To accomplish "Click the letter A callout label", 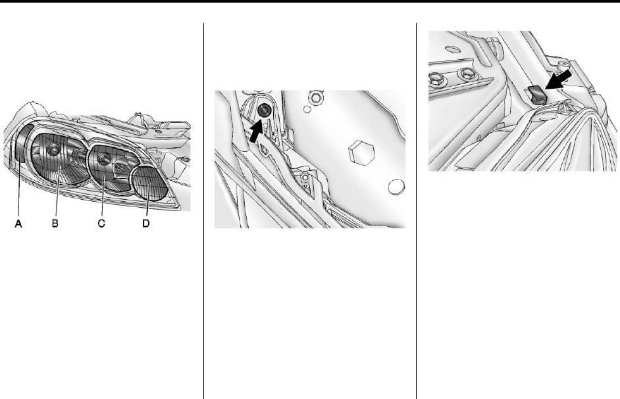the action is tap(18, 223).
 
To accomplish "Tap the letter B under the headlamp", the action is tap(55, 223).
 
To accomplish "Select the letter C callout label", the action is tap(101, 223).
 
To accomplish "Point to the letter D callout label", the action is tap(146, 223).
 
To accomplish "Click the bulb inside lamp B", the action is tap(53, 149).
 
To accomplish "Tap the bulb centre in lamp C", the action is tap(104, 158).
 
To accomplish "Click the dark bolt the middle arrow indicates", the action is tap(263, 111).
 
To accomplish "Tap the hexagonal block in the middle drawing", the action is tap(361, 151).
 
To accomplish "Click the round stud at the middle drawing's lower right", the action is tap(396, 187).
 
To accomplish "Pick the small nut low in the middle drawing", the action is tap(305, 177).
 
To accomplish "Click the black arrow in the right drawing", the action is tap(558, 80).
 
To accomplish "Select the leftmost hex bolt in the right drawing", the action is tap(436, 80).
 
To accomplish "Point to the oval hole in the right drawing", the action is tap(452, 49).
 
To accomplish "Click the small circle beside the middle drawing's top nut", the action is tap(307, 109).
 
